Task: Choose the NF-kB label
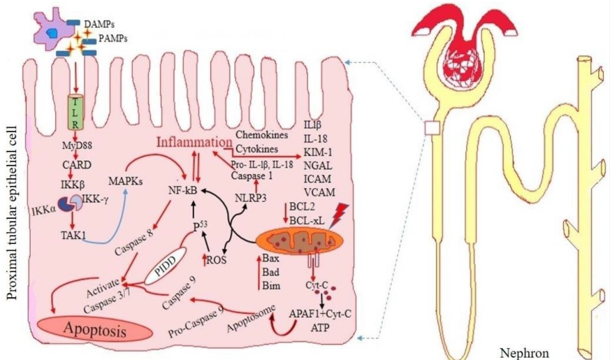(184, 189)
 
